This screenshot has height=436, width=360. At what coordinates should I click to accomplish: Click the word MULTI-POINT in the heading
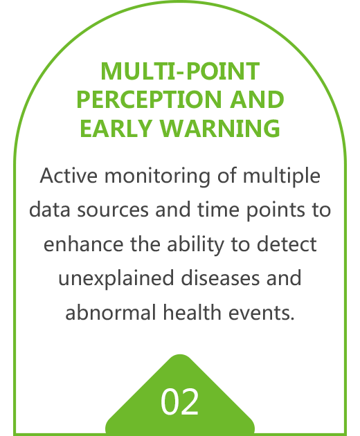pyautogui.click(x=180, y=71)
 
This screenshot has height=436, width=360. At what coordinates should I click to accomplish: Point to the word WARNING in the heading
pyautogui.click(x=220, y=128)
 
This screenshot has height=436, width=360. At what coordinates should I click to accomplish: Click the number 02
pyautogui.click(x=180, y=402)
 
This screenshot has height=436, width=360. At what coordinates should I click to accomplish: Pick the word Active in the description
pyautogui.click(x=69, y=176)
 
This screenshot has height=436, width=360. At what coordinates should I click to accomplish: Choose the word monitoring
pyautogui.click(x=157, y=176)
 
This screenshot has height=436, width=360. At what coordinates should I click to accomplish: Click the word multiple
pyautogui.click(x=282, y=176)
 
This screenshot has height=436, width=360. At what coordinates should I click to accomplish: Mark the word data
pyautogui.click(x=50, y=210)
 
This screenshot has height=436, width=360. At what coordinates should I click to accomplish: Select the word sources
pyautogui.click(x=113, y=210)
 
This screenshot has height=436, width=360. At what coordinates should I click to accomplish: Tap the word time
pyautogui.click(x=218, y=210)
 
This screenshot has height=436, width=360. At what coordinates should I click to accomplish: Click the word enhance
pyautogui.click(x=84, y=244)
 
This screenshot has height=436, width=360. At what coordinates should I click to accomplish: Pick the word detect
pyautogui.click(x=287, y=244)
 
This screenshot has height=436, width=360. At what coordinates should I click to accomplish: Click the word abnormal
pyautogui.click(x=111, y=312)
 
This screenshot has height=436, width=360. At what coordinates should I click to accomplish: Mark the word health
pyautogui.click(x=192, y=312)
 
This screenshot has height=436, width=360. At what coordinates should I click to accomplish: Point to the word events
pyautogui.click(x=261, y=313)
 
